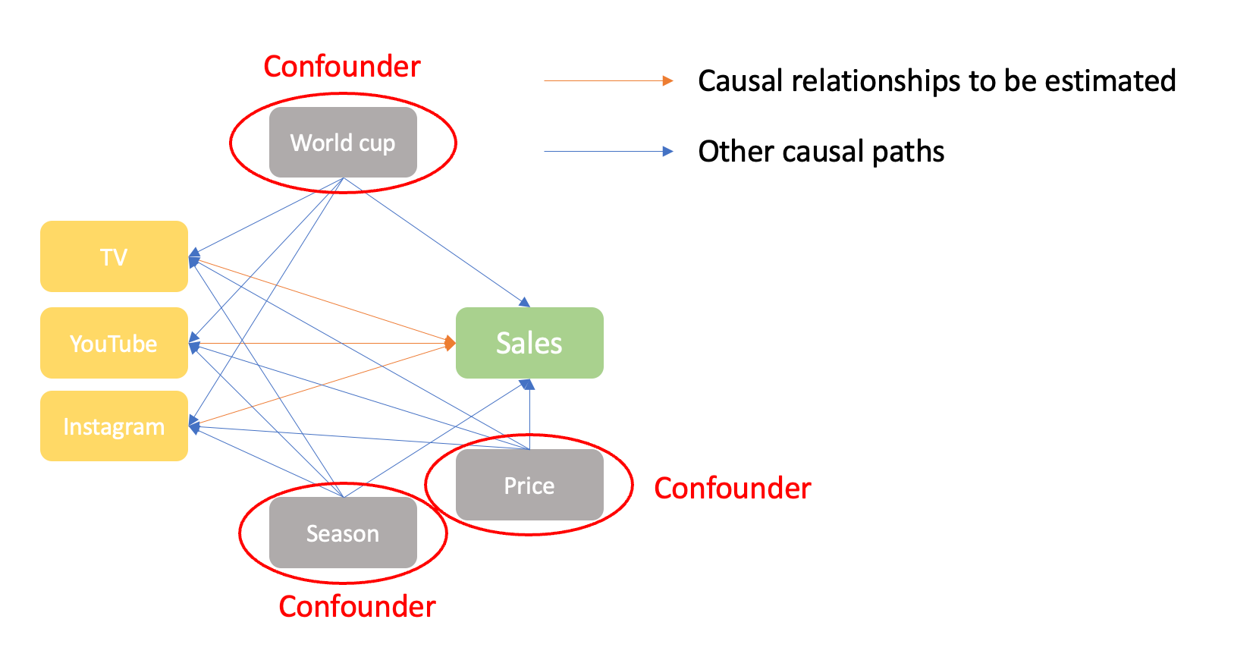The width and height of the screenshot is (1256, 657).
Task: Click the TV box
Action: coord(114,256)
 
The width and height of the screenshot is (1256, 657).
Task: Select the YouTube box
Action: coord(114,343)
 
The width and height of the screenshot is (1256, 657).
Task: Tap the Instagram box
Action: coord(114,426)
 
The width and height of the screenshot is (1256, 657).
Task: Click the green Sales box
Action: coord(529,343)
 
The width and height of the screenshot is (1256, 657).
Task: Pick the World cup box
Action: coord(343,143)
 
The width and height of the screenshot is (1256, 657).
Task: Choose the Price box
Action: coord(529,486)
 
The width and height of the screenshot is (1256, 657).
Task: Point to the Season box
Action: coord(343,533)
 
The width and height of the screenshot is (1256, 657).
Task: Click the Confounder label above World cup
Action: coord(341,67)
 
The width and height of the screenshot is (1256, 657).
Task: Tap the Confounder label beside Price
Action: coord(732,489)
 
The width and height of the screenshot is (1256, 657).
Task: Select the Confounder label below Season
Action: coord(356,607)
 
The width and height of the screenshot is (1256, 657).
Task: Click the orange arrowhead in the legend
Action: coord(667,80)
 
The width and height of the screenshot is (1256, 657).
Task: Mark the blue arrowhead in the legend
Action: coord(667,151)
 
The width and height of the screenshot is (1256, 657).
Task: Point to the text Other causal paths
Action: coord(821,152)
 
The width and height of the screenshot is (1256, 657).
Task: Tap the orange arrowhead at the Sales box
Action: coord(451,344)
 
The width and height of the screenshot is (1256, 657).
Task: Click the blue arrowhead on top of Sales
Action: coord(525,302)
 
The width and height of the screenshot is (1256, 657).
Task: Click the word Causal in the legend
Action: coord(740,81)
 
